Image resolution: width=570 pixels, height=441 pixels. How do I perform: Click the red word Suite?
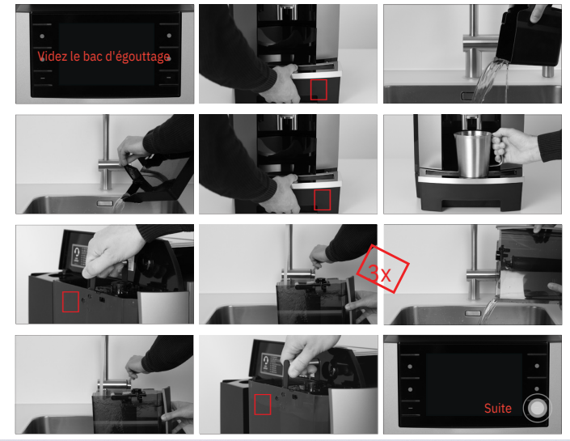point(498,409)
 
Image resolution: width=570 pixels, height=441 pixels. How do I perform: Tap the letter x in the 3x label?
point(386,275)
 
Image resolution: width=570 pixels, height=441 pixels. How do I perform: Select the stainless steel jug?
point(473,154)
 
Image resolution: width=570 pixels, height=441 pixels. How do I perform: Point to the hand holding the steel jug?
point(513,146)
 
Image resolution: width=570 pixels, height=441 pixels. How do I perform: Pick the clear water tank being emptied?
point(529,262)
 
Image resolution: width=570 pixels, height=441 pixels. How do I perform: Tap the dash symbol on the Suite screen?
point(411,408)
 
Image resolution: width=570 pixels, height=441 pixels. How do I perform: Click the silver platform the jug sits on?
point(471,177)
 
